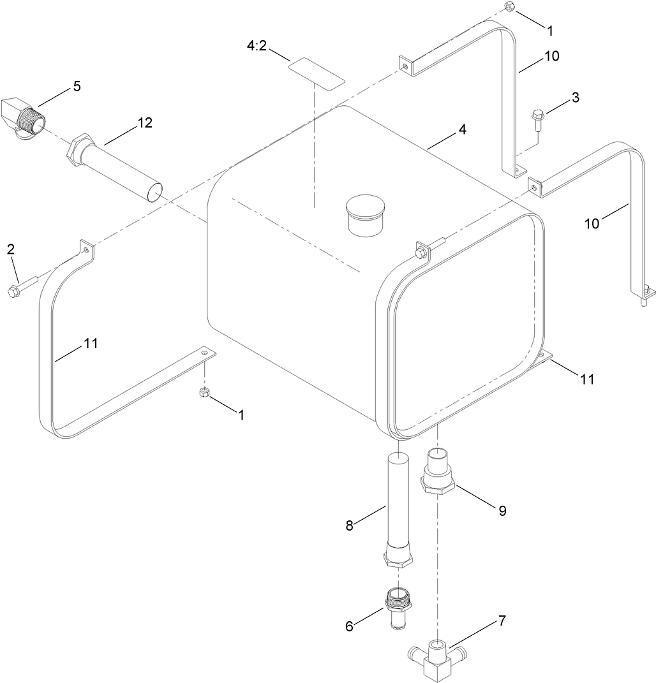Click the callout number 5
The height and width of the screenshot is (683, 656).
[x=77, y=86]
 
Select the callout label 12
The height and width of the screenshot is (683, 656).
[x=145, y=123]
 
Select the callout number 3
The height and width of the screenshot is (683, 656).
[x=576, y=98]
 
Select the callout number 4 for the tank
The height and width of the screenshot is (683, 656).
[x=461, y=129]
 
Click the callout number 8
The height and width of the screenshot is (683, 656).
[x=349, y=526]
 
